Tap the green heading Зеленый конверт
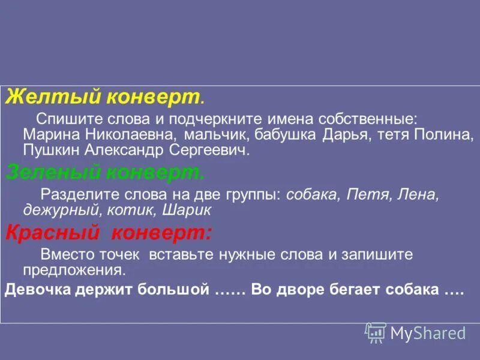(105, 173)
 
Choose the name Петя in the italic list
(359, 195)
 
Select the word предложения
(73, 269)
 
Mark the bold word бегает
(361, 290)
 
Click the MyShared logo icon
(376, 332)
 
